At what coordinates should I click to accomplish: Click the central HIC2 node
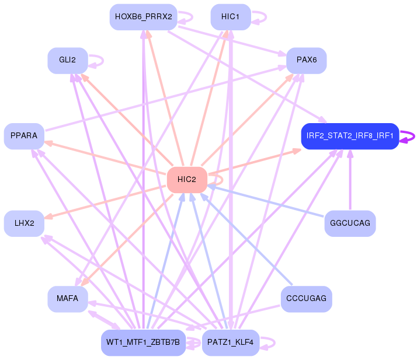pyautogui.click(x=187, y=180)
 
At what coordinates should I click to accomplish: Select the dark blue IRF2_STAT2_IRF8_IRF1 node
pyautogui.click(x=350, y=136)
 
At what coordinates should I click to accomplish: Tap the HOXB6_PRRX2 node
pyautogui.click(x=143, y=17)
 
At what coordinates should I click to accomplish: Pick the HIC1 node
pyautogui.click(x=231, y=17)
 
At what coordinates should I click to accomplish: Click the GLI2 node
pyautogui.click(x=68, y=61)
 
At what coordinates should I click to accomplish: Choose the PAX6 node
pyautogui.click(x=306, y=61)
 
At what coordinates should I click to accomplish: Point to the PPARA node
pyautogui.click(x=24, y=136)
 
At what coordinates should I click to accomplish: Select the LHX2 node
pyautogui.click(x=24, y=223)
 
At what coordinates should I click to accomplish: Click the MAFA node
pyautogui.click(x=68, y=299)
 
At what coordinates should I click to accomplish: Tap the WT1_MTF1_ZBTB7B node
pyautogui.click(x=143, y=342)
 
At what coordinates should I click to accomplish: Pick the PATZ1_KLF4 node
pyautogui.click(x=231, y=342)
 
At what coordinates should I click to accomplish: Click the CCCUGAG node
pyautogui.click(x=306, y=299)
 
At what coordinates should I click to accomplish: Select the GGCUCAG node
pyautogui.click(x=350, y=223)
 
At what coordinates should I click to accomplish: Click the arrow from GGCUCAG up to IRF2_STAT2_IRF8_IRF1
pyautogui.click(x=350, y=181)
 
